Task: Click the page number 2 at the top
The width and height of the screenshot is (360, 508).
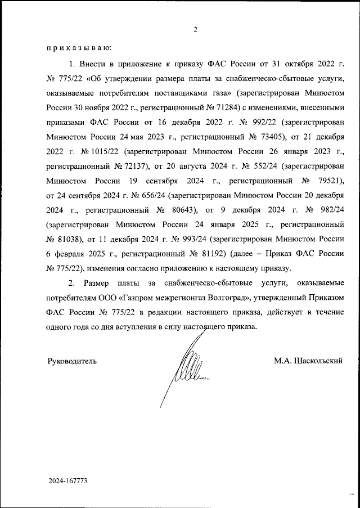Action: pos(195,29)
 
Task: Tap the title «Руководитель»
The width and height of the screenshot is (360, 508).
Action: pos(71,361)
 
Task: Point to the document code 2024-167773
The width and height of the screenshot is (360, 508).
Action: pos(67,482)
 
